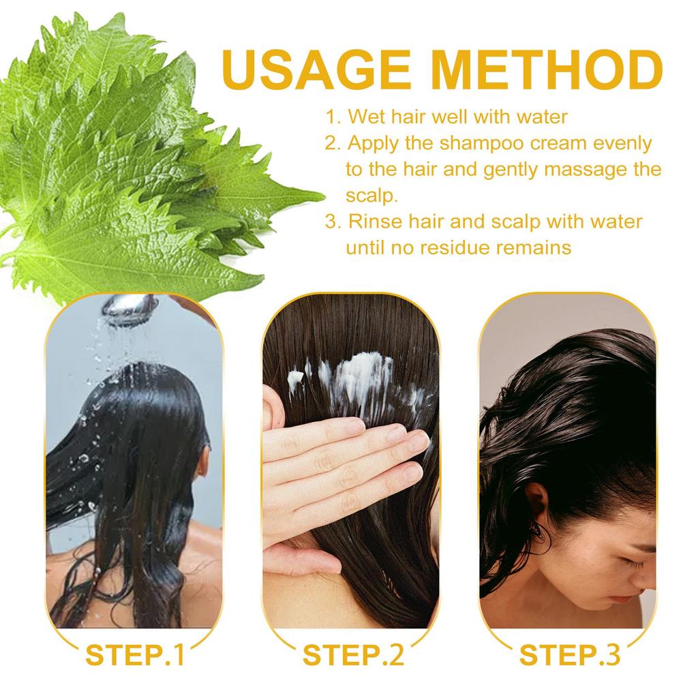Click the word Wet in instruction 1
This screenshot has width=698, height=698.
pos(363,117)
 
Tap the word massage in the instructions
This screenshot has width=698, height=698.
pos(574,170)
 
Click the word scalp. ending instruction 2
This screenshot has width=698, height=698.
pos(371,196)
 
